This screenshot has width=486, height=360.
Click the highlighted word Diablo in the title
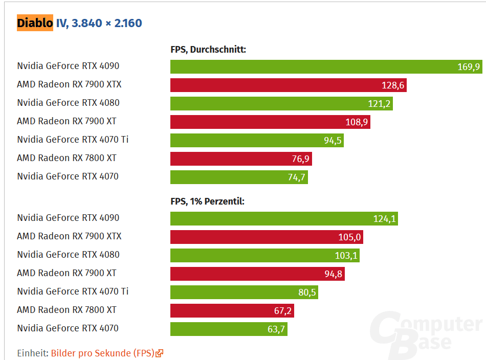(35, 23)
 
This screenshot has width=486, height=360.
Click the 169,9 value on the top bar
(469, 67)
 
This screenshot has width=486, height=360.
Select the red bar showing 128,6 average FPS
(288, 85)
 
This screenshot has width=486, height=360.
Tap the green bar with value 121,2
(281, 104)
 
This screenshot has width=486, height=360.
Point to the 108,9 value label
(357, 122)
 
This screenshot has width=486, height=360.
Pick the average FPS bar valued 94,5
(257, 141)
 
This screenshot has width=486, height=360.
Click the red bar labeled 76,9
(241, 159)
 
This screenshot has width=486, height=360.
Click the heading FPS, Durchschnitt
(208, 50)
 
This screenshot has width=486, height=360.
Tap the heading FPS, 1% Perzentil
(207, 201)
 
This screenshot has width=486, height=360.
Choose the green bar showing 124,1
(284, 219)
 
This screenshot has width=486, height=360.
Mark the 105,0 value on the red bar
(349, 237)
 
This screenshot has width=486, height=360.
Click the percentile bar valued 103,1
(264, 256)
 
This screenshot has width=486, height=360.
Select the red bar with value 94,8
(257, 274)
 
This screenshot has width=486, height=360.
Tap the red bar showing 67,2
(232, 311)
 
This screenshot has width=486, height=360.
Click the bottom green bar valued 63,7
(229, 329)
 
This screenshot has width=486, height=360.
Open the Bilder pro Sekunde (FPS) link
(102, 353)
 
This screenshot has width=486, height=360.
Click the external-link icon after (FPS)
(160, 353)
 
